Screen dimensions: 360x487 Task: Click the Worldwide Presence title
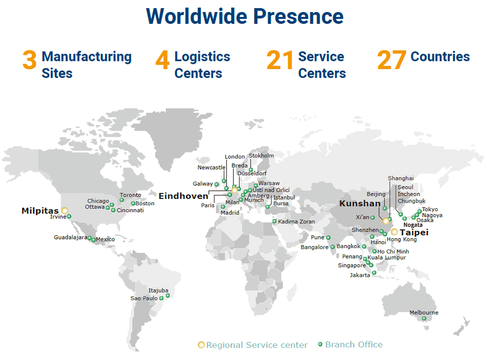tap(245, 17)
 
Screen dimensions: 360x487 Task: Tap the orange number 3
tap(30, 60)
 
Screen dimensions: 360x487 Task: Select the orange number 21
tap(280, 60)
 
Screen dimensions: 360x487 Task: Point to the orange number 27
tap(391, 60)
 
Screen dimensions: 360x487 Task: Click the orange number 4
tap(162, 60)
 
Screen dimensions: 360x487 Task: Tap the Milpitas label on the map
tap(40, 211)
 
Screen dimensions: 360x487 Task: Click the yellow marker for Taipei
tap(395, 232)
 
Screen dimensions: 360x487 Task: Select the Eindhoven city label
tap(183, 196)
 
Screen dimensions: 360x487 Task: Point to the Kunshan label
tap(360, 203)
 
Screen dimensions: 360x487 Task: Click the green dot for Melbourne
tap(424, 318)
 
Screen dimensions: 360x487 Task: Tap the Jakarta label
tap(360, 275)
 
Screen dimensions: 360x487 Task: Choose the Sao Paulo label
tap(144, 298)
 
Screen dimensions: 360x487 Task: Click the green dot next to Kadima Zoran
tap(275, 221)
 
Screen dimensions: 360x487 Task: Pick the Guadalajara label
tap(70, 237)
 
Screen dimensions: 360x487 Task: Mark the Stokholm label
tap(261, 156)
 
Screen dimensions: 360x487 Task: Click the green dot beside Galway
tap(217, 184)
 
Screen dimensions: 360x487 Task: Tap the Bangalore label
tap(314, 247)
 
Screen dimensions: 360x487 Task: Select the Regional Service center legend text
tap(257, 345)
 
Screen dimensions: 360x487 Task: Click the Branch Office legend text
tap(353, 344)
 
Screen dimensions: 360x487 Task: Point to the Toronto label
tap(131, 195)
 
